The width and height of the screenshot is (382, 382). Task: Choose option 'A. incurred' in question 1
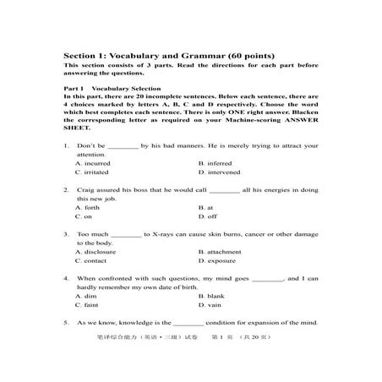coord(95,162)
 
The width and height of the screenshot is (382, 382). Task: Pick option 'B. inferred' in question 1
coord(215,162)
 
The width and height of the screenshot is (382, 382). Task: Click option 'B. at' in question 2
coord(206,206)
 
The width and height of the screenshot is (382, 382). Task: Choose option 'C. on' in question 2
coord(85,216)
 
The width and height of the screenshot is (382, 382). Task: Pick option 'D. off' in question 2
coord(207,216)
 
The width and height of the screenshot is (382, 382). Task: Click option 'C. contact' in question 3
coord(92,260)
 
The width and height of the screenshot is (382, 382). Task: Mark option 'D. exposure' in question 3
coord(217,260)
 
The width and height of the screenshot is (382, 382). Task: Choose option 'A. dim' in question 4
coord(86,296)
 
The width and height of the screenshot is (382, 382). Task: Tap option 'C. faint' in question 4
coord(88,305)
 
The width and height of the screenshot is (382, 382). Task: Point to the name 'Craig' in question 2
coord(85,188)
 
